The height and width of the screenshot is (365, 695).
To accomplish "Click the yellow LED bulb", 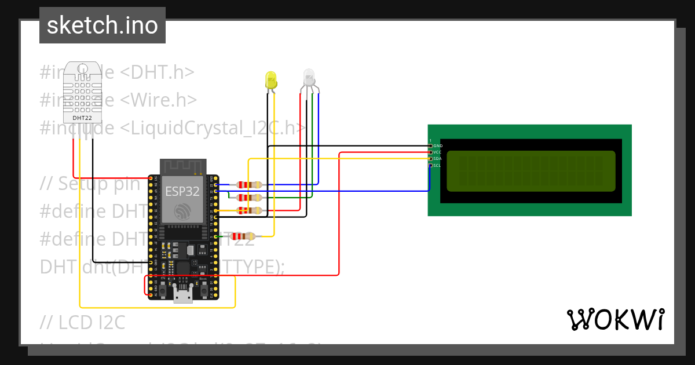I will tap(270, 80).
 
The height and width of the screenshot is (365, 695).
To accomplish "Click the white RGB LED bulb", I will tap(309, 78).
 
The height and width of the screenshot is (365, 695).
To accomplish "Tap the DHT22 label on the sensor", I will tap(82, 118).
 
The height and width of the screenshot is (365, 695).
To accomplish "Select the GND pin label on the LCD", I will tap(438, 145).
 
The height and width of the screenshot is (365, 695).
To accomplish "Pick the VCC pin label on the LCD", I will tap(437, 152).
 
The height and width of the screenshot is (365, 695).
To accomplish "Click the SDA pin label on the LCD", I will tap(437, 159).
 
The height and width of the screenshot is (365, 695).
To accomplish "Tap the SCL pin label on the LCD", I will tap(437, 166).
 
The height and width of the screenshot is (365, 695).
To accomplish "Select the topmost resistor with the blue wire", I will tap(248, 185).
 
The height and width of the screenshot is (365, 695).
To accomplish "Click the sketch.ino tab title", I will tap(103, 25).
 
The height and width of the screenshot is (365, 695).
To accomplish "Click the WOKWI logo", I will tap(615, 319).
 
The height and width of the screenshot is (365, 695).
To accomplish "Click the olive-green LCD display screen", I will tap(531, 171).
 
